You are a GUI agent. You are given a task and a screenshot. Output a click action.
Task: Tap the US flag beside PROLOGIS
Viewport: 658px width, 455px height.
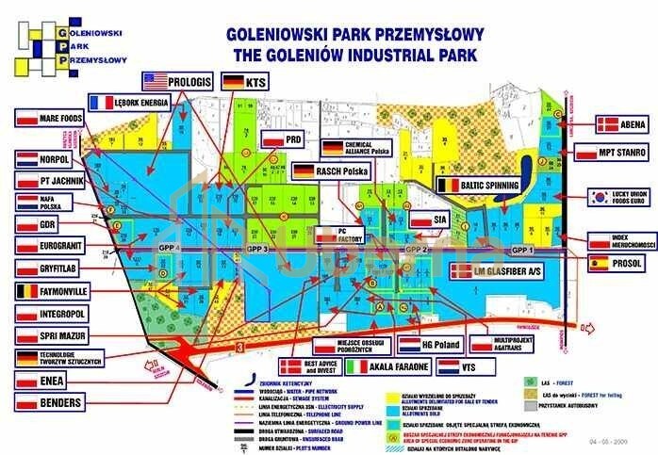(154, 81)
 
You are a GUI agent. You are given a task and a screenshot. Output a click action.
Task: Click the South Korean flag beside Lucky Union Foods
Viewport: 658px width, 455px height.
(600, 198)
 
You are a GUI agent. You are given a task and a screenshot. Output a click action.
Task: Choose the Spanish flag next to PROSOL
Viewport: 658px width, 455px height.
(600, 265)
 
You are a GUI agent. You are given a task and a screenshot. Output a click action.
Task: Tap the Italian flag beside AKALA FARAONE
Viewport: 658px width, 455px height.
(358, 366)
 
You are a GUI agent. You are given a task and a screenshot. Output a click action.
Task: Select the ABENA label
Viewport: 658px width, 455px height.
(630, 123)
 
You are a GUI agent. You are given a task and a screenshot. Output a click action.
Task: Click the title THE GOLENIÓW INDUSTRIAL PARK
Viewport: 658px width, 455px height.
(355, 55)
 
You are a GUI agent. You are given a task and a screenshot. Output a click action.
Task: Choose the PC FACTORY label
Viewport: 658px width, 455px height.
(350, 235)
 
